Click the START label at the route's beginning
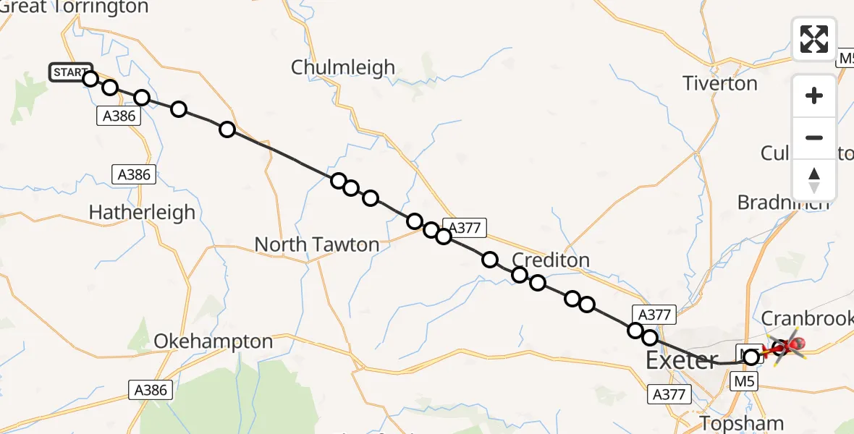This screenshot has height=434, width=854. (x=70, y=72)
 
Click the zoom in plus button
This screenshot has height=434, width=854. (x=814, y=95)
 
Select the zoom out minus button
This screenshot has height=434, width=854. (x=814, y=137)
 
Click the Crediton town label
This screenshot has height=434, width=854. (x=550, y=260)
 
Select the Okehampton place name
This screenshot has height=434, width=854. (x=213, y=341)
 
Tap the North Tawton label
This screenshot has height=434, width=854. (x=316, y=245)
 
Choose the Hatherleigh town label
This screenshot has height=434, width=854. (x=142, y=212)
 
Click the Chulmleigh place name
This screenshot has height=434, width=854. (x=343, y=68)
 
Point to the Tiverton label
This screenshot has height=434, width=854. (x=720, y=84)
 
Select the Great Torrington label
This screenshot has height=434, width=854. (x=74, y=8)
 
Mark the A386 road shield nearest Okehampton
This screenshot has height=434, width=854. (x=151, y=390)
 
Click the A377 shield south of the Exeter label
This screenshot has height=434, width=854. (x=668, y=393)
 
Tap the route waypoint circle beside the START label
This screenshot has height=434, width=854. (x=90, y=78)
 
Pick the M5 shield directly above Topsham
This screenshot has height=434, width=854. (x=745, y=380)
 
